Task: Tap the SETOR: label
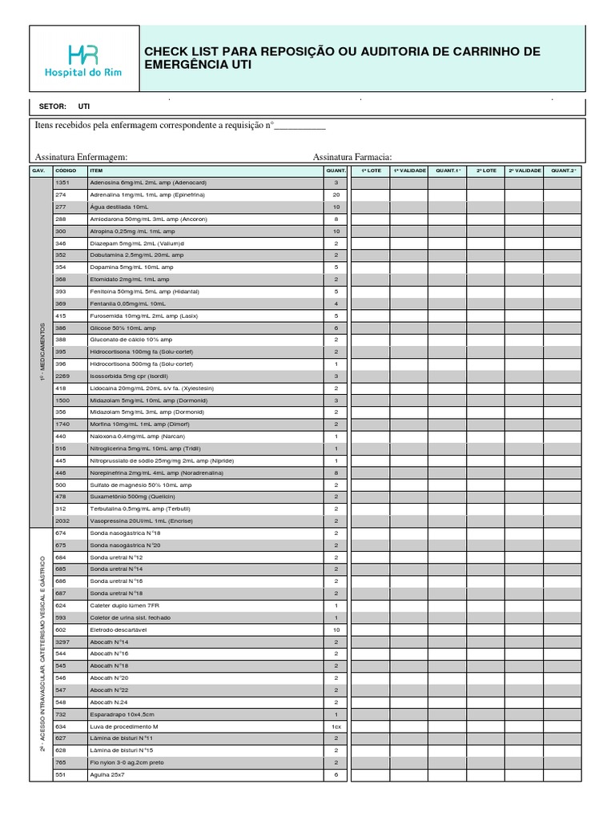(53, 106)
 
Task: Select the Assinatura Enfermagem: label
(82, 158)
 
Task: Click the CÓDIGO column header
(66, 171)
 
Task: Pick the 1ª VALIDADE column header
(408, 171)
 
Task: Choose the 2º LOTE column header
(486, 171)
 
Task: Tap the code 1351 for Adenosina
(63, 183)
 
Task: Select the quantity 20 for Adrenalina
(336, 195)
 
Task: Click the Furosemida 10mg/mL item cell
(144, 316)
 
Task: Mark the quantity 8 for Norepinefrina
(336, 472)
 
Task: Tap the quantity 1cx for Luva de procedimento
(336, 726)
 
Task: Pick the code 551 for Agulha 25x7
(60, 774)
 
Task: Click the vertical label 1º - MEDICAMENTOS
(41, 352)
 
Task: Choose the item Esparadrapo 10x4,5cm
(122, 713)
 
